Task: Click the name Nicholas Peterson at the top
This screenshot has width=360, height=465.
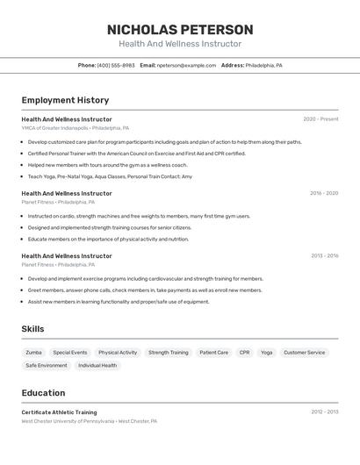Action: coord(180,29)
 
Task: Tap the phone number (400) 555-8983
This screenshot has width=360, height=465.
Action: coord(116,65)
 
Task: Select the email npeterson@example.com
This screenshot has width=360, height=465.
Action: coord(186,65)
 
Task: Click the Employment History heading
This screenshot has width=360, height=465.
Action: coord(65,100)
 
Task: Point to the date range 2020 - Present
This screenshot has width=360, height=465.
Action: coord(320,119)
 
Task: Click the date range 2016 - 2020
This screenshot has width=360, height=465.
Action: coord(324,193)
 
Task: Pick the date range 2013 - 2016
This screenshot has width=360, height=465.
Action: coord(324,256)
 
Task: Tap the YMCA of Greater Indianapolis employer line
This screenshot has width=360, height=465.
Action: coord(76,128)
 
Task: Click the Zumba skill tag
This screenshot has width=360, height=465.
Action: coord(33,353)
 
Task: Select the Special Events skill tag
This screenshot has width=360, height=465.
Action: coord(70,353)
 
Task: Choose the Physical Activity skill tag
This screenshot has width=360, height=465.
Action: coord(118,353)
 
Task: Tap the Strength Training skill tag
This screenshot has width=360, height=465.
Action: coord(169,353)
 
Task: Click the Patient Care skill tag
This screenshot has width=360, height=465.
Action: coord(213,353)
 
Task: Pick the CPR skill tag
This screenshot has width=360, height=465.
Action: coord(244,353)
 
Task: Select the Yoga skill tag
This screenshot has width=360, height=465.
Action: coord(266,353)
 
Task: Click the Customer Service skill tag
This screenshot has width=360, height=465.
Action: coord(304,353)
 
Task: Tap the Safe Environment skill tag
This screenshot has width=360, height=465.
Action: coord(47,365)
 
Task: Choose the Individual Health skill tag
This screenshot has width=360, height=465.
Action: coord(97,365)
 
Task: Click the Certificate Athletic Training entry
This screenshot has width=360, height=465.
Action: coord(59,412)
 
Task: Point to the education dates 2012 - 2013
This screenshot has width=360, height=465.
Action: coord(324,411)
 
